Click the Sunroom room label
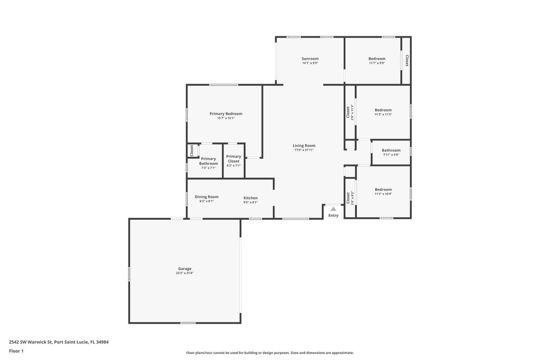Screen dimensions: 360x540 click(x=310, y=59)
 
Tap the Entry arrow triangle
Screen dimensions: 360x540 click(x=333, y=209)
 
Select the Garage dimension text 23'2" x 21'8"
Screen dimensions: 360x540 click(x=185, y=273)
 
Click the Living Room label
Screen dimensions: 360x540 click(x=304, y=145)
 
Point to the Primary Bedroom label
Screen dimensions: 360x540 click(x=226, y=114)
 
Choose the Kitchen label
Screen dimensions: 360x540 click(x=250, y=198)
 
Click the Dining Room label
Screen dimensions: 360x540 click(x=206, y=197)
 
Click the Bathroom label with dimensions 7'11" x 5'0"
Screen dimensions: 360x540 click(x=391, y=150)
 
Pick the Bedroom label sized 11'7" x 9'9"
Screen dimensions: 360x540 click(x=377, y=59)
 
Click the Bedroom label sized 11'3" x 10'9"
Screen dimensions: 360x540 click(x=383, y=189)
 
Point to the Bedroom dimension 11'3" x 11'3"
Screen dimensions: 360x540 click(x=383, y=114)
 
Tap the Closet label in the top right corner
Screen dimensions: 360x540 click(x=407, y=61)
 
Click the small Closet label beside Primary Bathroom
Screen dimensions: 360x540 click(x=192, y=151)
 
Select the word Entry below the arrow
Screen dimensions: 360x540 click(x=333, y=215)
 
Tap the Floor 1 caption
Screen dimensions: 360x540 click(x=16, y=351)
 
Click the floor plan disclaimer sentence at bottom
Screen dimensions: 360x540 click(x=269, y=353)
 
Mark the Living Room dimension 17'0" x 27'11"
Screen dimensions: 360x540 click(x=304, y=150)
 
